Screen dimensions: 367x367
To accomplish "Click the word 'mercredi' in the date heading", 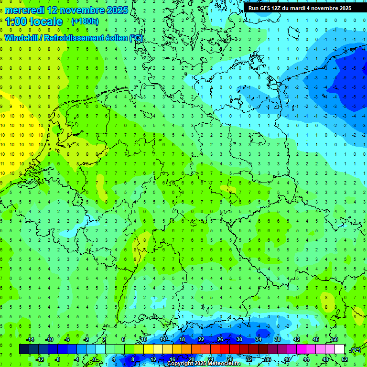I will [25, 10].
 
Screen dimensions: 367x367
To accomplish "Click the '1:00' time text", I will [16, 22].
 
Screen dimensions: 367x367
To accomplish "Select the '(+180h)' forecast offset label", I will [85, 22].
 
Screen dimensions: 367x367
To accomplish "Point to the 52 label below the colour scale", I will [345, 359].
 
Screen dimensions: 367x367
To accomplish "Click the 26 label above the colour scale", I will [220, 339].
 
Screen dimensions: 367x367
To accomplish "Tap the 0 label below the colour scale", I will [95, 359].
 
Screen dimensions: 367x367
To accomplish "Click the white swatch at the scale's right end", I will [339, 349].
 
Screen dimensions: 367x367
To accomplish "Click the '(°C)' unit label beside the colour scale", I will [355, 350].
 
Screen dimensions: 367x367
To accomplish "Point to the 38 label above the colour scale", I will [277, 339].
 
